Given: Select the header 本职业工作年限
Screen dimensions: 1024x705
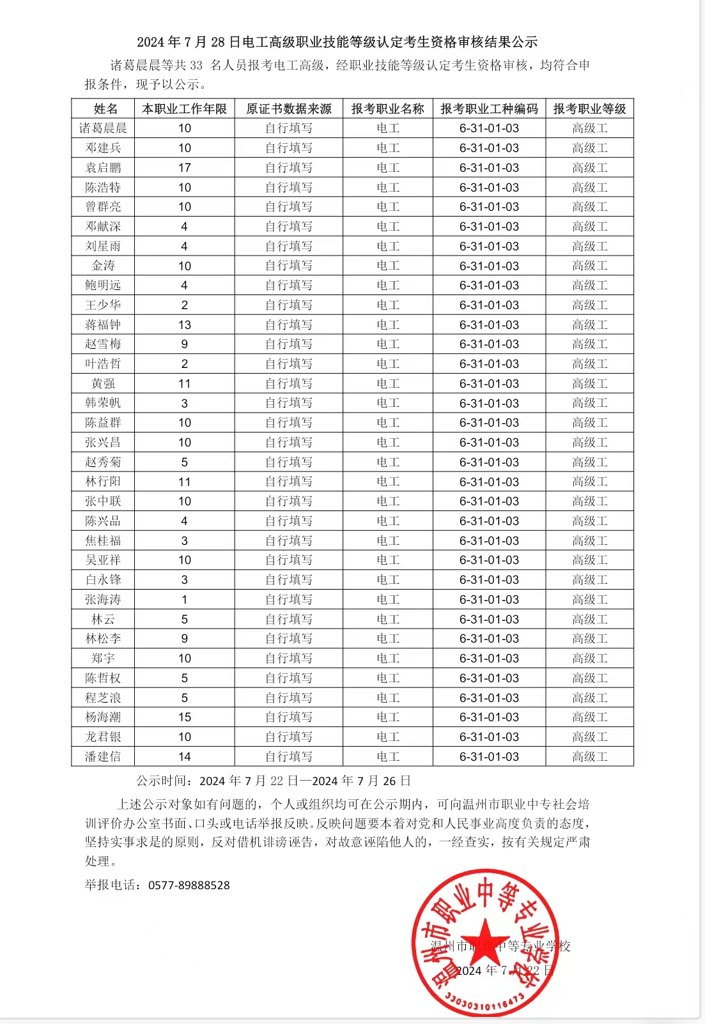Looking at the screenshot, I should pos(184,109).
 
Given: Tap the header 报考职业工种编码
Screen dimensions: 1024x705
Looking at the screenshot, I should pos(489,109).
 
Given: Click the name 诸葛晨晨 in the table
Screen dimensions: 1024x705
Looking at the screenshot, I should pos(103,128).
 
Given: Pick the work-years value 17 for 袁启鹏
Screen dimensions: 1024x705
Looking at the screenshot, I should pos(184,168).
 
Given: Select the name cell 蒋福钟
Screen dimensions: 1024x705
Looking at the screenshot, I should pos(103,325).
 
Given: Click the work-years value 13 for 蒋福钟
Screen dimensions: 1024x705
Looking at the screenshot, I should pos(184,325).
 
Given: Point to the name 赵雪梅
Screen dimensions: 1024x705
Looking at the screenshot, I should pos(103,344).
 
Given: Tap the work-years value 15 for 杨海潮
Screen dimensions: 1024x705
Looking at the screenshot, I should pos(184,717).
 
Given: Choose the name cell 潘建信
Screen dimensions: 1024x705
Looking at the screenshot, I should pos(103,757).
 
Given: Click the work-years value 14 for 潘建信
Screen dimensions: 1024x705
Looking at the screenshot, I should pos(184,757).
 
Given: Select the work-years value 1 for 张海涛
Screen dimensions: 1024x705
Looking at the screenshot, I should pos(184,600).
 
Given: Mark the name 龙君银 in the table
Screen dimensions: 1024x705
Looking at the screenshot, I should pos(103,737).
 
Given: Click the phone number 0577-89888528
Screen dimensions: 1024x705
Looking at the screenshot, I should pos(189,885).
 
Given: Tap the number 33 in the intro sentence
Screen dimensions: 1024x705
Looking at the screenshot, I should pos(196,65).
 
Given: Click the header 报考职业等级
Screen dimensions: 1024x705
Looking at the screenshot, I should pos(589,109).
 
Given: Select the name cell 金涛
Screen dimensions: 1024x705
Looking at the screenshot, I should pos(103,266).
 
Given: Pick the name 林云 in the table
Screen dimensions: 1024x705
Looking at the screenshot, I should pos(103,620).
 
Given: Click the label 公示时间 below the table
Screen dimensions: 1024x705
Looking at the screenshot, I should pos(162,781).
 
